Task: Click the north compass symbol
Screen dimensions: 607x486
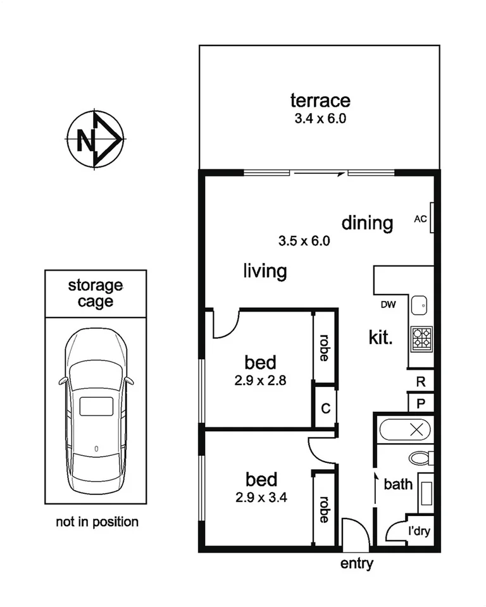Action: pyautogui.click(x=95, y=140)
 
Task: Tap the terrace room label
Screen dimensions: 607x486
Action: pyautogui.click(x=320, y=101)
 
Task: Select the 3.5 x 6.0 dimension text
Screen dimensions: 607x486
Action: pyautogui.click(x=304, y=241)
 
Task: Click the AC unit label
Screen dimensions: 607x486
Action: pyautogui.click(x=420, y=219)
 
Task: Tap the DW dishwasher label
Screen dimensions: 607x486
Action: pyautogui.click(x=388, y=305)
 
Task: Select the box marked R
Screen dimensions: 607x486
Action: pyautogui.click(x=420, y=381)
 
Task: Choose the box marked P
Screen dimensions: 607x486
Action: pyautogui.click(x=420, y=402)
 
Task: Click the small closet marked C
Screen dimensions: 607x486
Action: pyautogui.click(x=325, y=408)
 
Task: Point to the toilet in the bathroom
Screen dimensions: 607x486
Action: pyautogui.click(x=420, y=457)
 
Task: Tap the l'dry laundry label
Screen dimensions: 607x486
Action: pyautogui.click(x=418, y=531)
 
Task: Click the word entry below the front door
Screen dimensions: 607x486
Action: pyautogui.click(x=357, y=564)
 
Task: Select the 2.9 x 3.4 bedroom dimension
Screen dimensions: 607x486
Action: pyautogui.click(x=261, y=497)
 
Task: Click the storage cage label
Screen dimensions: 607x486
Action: pyautogui.click(x=96, y=293)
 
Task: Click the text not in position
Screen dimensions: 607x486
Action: pyautogui.click(x=97, y=522)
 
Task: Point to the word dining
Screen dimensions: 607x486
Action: pyautogui.click(x=367, y=223)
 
